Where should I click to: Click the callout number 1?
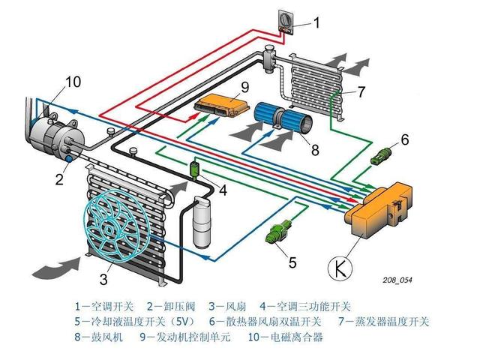point(315,22)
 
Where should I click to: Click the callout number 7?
point(361,93)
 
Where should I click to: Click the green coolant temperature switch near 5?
point(279,230)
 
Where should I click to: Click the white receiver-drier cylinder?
point(201,223)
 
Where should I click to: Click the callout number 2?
point(58,178)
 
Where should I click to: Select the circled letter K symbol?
point(340,265)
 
